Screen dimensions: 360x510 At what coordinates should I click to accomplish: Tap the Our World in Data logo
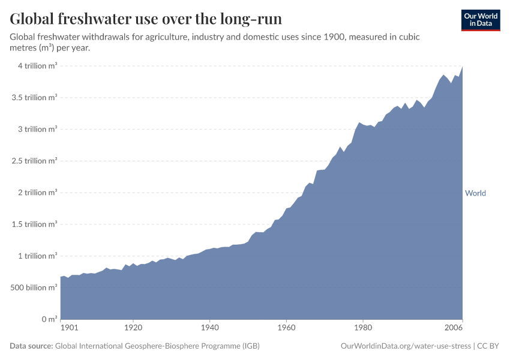coord(480,20)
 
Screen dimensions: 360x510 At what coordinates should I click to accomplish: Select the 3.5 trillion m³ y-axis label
coord(34,97)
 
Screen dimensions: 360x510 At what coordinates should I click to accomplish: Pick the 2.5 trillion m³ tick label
coord(34,161)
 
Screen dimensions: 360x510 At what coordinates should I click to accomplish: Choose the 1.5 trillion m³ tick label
coord(34,224)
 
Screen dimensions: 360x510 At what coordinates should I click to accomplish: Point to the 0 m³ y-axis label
coord(47,319)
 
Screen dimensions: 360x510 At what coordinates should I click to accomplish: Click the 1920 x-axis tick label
coord(133,328)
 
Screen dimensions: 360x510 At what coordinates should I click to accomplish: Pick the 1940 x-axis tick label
coord(209,328)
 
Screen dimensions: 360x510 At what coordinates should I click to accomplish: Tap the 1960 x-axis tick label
coord(286,328)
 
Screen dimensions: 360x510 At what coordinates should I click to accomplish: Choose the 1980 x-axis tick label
coord(362,328)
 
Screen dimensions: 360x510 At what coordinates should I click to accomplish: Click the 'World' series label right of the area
coord(475,193)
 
